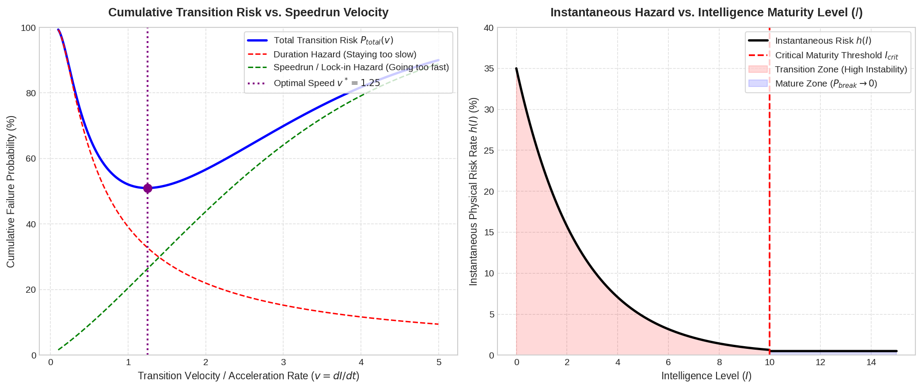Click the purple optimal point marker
(x=148, y=188)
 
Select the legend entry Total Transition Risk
(x=320, y=40)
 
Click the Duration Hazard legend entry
(x=332, y=54)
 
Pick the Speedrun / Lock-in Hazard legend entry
(x=348, y=67)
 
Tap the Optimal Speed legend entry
(x=314, y=83)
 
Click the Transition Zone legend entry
(x=828, y=69)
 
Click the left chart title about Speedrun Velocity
(x=248, y=12)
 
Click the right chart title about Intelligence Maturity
(x=706, y=12)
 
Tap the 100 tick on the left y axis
(x=28, y=28)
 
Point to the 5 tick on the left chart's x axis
(x=439, y=363)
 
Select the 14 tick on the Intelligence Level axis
(x=871, y=363)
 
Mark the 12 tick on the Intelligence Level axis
(x=820, y=363)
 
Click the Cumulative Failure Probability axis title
(x=11, y=192)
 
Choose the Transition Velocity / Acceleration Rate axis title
(x=249, y=376)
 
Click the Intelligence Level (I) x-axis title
(x=706, y=376)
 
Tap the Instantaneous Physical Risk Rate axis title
(x=473, y=192)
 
